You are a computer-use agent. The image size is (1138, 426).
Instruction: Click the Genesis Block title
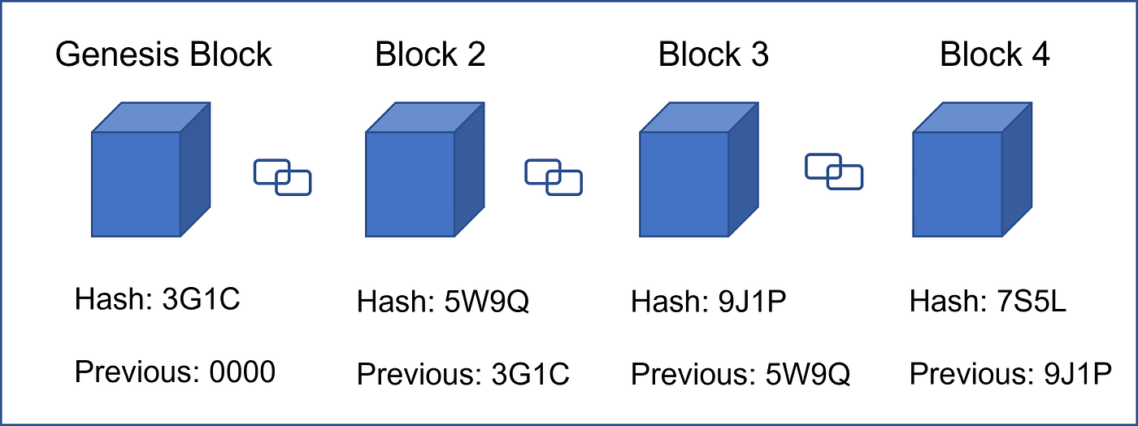163,55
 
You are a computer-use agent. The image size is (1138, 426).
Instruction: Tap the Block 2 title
430,55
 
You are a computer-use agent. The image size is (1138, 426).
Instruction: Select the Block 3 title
713,55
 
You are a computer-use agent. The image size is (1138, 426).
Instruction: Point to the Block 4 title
994,55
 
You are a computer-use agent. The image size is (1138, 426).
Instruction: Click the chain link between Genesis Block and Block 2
283,176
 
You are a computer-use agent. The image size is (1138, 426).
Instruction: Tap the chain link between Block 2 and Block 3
554,176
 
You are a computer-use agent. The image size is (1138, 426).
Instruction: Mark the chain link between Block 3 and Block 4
834,172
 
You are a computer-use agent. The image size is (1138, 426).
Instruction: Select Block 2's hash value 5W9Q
485,302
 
